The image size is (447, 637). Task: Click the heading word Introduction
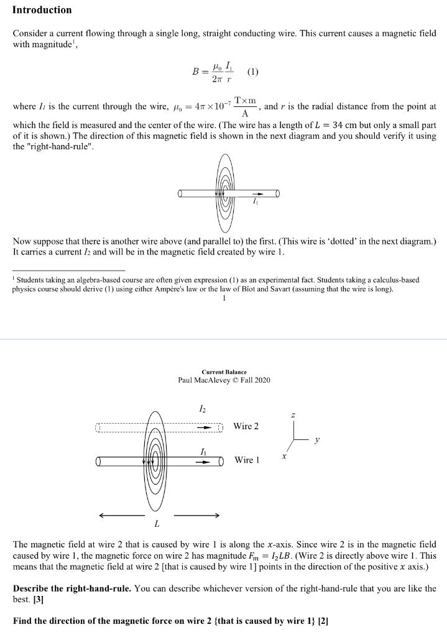[x=42, y=10]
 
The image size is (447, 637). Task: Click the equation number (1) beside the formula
[x=252, y=72]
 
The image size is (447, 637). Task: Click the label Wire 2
[x=246, y=426]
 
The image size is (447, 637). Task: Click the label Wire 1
[x=247, y=460]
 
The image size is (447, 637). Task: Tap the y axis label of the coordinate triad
[x=317, y=440]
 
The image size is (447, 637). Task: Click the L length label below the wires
[x=157, y=523]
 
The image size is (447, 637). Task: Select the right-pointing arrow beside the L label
[x=196, y=515]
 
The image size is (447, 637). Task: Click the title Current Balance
[x=224, y=372]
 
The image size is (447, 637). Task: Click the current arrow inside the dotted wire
[x=206, y=427]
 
